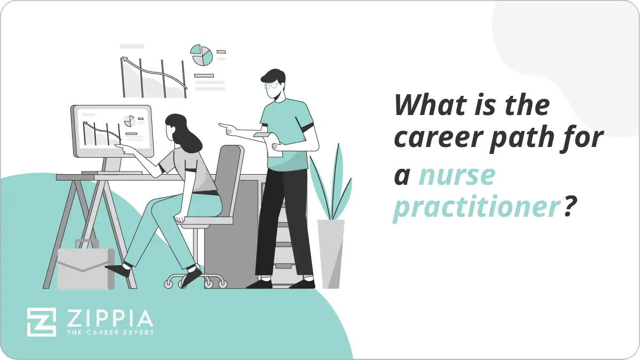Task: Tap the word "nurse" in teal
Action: (x=457, y=175)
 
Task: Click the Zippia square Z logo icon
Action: (x=41, y=321)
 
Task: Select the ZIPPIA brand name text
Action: (x=109, y=318)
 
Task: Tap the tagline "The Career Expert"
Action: (x=109, y=333)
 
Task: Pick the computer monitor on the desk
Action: (x=112, y=130)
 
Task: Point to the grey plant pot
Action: (x=331, y=253)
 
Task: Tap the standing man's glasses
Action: (x=271, y=85)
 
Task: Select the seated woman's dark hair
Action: (x=184, y=133)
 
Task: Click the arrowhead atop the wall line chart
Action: (x=125, y=61)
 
